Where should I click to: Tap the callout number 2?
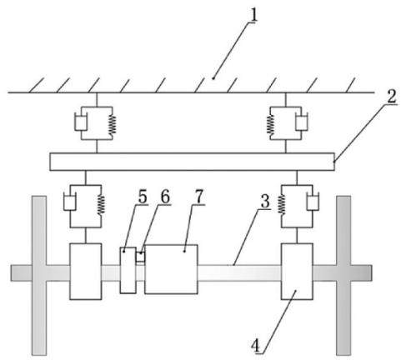click(392, 97)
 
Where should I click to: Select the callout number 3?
click(265, 201)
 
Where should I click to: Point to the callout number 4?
click(255, 346)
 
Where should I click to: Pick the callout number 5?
click(143, 197)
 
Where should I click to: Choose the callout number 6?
click(165, 197)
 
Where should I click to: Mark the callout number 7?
click(199, 197)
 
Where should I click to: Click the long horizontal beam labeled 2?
click(192, 162)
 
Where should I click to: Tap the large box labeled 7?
click(171, 269)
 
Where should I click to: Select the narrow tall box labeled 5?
click(128, 270)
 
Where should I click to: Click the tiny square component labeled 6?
click(140, 257)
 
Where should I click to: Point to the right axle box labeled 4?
click(297, 272)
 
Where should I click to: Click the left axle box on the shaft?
click(86, 272)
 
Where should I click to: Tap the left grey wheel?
click(39, 275)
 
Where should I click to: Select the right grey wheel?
click(343, 275)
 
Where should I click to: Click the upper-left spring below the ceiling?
click(113, 124)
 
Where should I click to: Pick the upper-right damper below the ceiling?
click(302, 122)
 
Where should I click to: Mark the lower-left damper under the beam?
click(70, 202)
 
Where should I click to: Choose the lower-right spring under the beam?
click(282, 204)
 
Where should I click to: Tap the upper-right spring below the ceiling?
click(270, 124)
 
